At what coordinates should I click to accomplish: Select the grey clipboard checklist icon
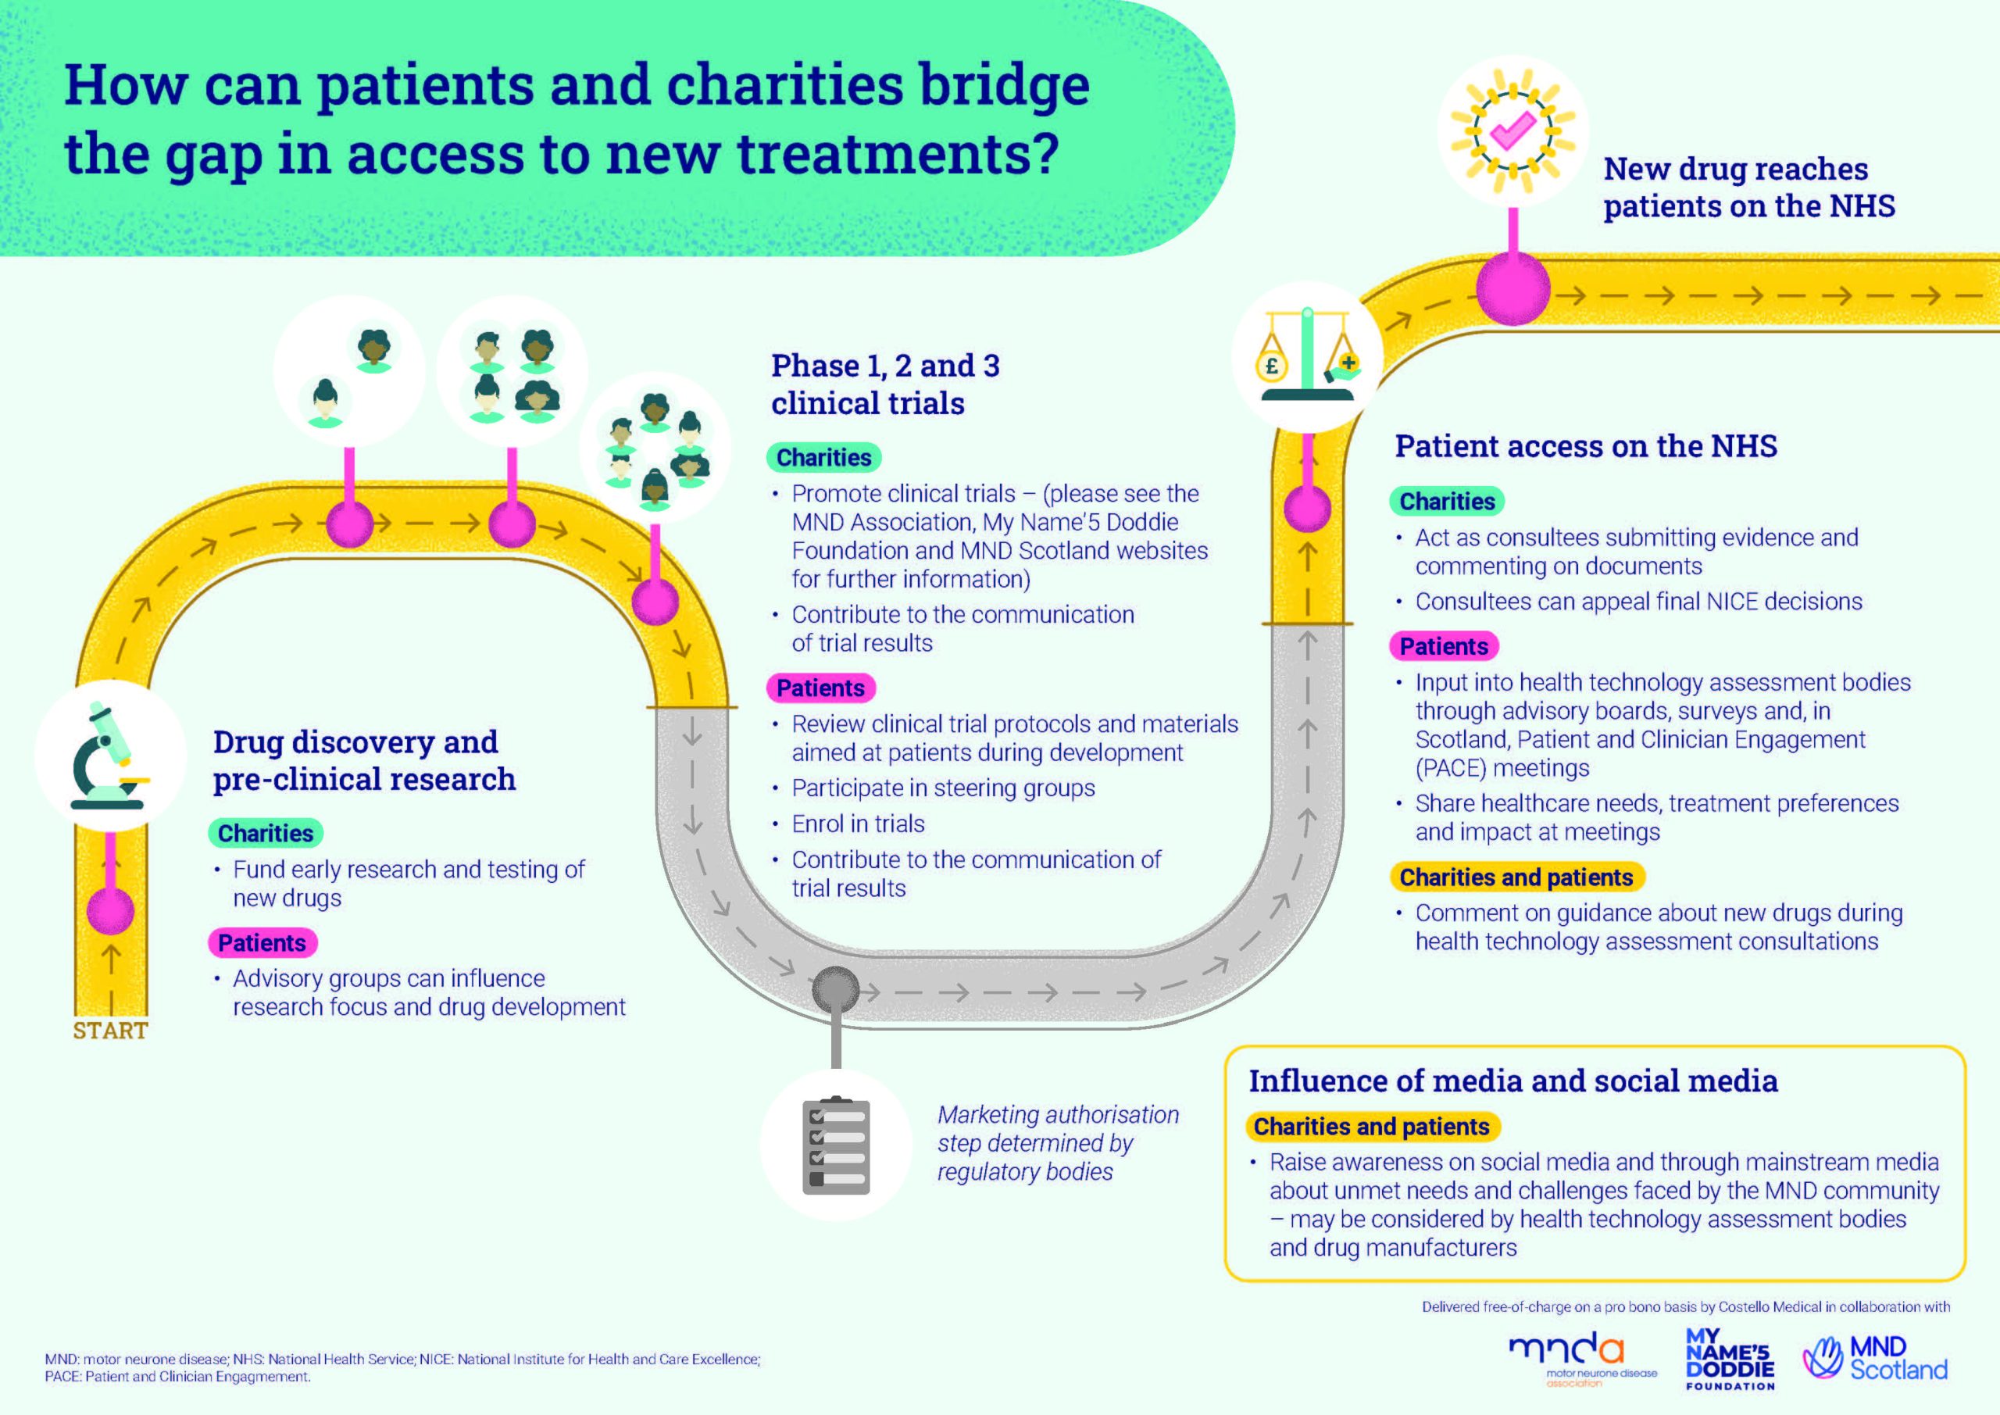point(835,1145)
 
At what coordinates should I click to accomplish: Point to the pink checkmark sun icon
point(1513,130)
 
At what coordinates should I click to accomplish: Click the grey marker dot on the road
point(835,990)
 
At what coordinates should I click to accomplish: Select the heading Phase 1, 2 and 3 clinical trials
point(885,384)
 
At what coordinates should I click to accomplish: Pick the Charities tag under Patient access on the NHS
point(1447,502)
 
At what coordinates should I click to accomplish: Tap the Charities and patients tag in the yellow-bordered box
point(1371,1127)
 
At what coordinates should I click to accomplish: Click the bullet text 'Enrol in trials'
point(858,824)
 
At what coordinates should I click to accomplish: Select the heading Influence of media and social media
point(1513,1081)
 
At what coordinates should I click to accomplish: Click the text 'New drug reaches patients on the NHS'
point(1748,188)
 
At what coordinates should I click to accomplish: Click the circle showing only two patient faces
point(348,372)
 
